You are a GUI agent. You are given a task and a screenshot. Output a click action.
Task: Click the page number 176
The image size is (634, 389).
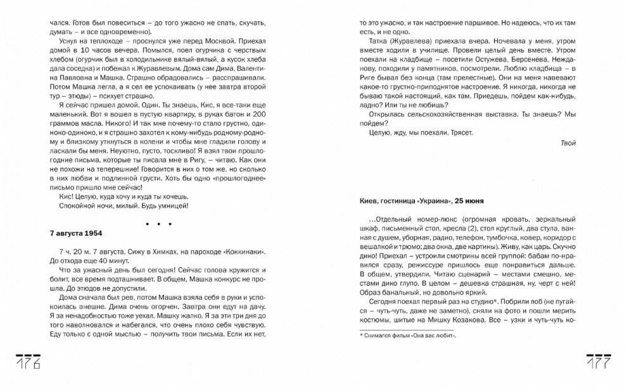coord(28,362)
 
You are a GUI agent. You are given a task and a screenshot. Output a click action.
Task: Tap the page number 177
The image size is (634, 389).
coord(598,362)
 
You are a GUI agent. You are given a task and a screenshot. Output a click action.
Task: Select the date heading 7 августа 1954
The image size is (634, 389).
coord(77,233)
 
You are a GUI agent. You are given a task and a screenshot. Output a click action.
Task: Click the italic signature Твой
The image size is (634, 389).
coord(568,143)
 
